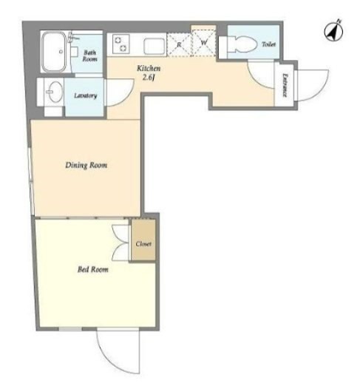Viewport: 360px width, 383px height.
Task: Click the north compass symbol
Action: click(333, 31)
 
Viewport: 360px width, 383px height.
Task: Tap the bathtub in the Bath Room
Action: click(54, 52)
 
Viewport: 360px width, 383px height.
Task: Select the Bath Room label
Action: click(89, 55)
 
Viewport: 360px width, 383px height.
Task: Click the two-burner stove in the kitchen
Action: click(120, 44)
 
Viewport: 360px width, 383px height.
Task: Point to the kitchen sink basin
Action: click(154, 46)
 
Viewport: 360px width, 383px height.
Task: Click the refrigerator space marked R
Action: click(179, 45)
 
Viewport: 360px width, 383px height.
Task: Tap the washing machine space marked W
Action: click(204, 42)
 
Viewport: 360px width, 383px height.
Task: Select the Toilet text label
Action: click(268, 44)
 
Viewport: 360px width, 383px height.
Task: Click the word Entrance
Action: click(285, 85)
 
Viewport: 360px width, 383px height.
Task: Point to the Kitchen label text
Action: click(149, 68)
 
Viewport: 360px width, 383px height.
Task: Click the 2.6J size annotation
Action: click(149, 78)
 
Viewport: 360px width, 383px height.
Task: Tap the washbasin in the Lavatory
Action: click(54, 92)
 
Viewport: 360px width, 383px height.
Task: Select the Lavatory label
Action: click(86, 95)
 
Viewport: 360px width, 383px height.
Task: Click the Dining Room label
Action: click(86, 165)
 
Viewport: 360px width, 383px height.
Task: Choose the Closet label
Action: click(143, 244)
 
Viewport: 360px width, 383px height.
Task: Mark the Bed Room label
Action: click(93, 269)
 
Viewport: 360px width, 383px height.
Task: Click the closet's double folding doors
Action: click(120, 243)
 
